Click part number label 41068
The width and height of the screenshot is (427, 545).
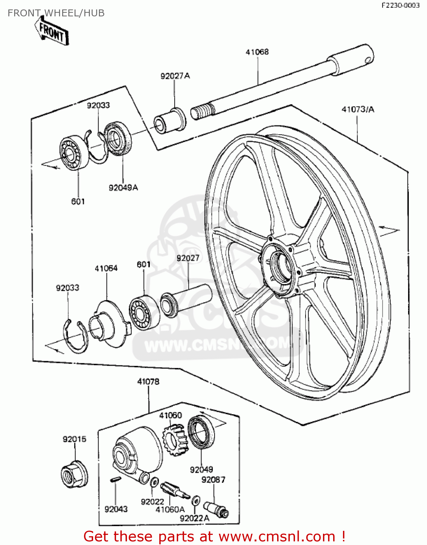click(x=257, y=52)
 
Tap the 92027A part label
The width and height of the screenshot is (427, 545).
click(x=175, y=76)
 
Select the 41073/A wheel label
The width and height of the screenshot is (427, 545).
click(x=358, y=109)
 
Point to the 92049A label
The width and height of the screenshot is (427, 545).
click(x=123, y=188)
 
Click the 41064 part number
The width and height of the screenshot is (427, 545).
click(x=106, y=269)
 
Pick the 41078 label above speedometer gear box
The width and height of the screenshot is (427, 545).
click(x=148, y=382)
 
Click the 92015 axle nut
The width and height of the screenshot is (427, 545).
click(x=74, y=474)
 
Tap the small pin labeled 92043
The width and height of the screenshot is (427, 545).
click(x=115, y=480)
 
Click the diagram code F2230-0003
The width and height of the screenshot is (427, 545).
click(x=400, y=5)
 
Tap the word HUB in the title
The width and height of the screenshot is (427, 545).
click(x=94, y=13)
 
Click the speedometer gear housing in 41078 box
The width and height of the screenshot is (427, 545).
click(x=136, y=452)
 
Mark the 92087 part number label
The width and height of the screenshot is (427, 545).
click(x=213, y=480)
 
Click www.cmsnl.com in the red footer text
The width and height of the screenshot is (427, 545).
click(x=277, y=536)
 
